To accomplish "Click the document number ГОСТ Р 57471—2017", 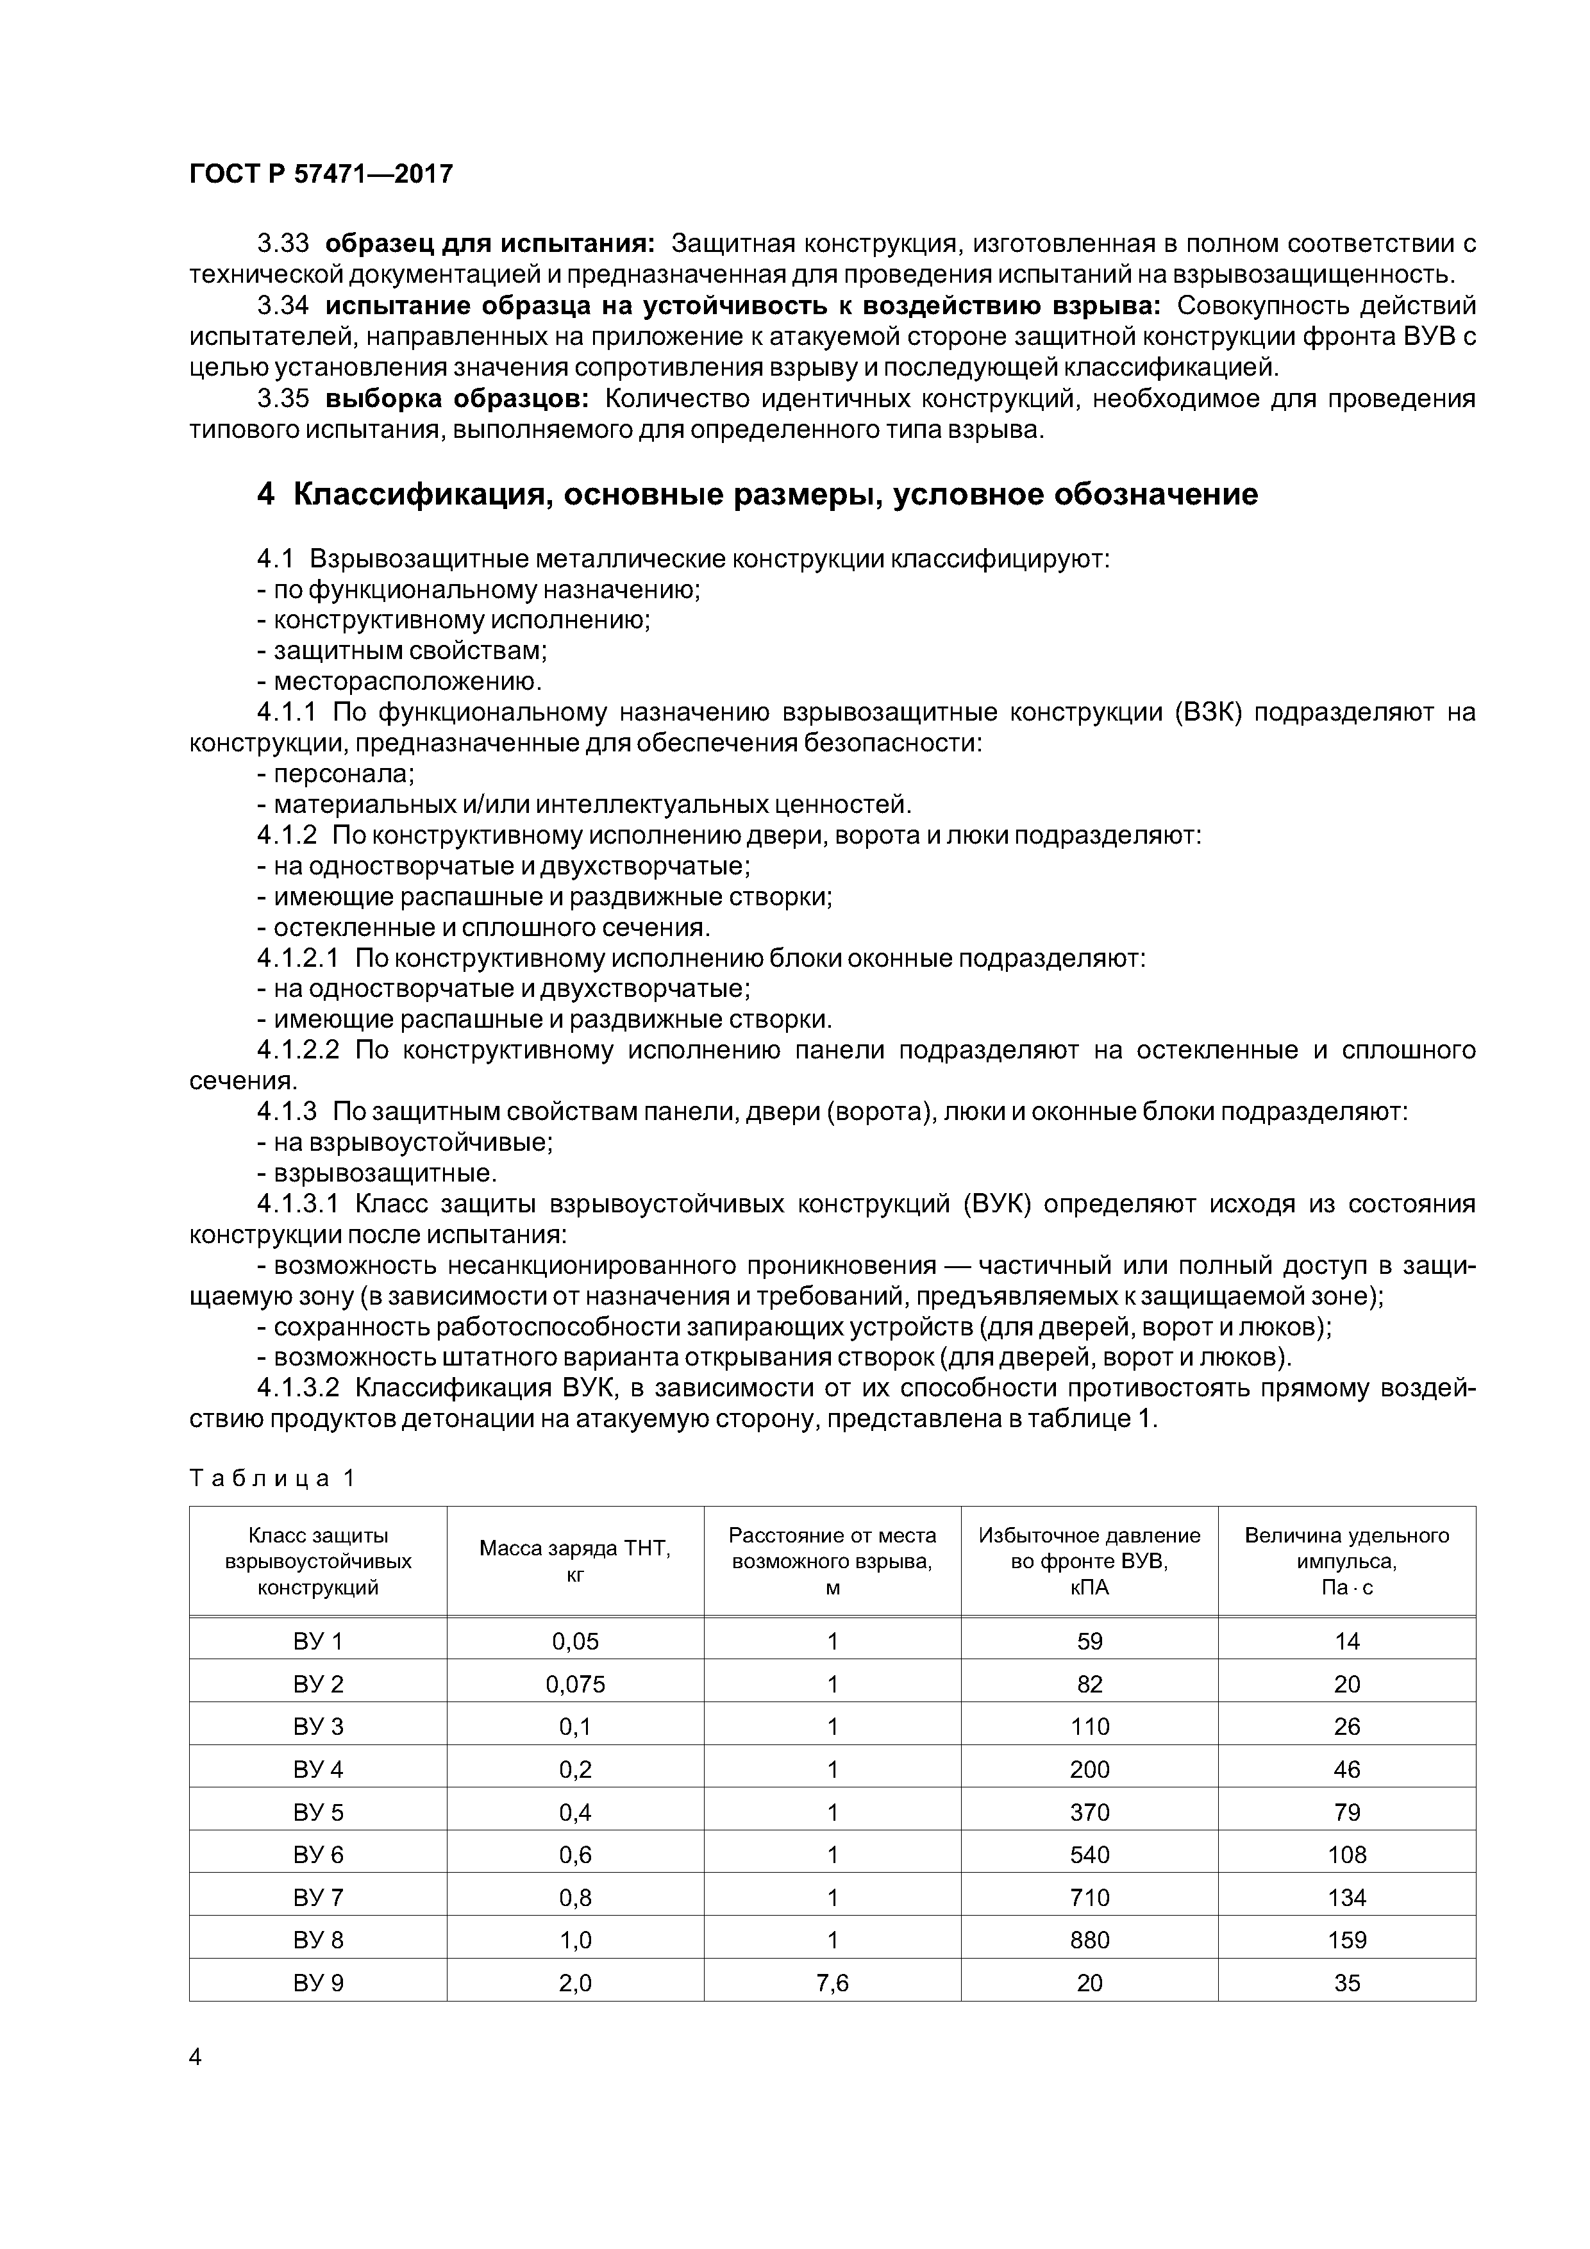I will pyautogui.click(x=321, y=173).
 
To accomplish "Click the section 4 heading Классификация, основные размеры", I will pyautogui.click(x=757, y=494).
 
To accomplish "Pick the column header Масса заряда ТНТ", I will pyautogui.click(x=575, y=1549).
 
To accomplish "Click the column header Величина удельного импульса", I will pyautogui.click(x=1346, y=1548).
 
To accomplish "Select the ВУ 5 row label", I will pyautogui.click(x=319, y=1812).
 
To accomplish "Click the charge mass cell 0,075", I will pyautogui.click(x=575, y=1684).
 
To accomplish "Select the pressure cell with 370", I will pyautogui.click(x=1089, y=1812).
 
